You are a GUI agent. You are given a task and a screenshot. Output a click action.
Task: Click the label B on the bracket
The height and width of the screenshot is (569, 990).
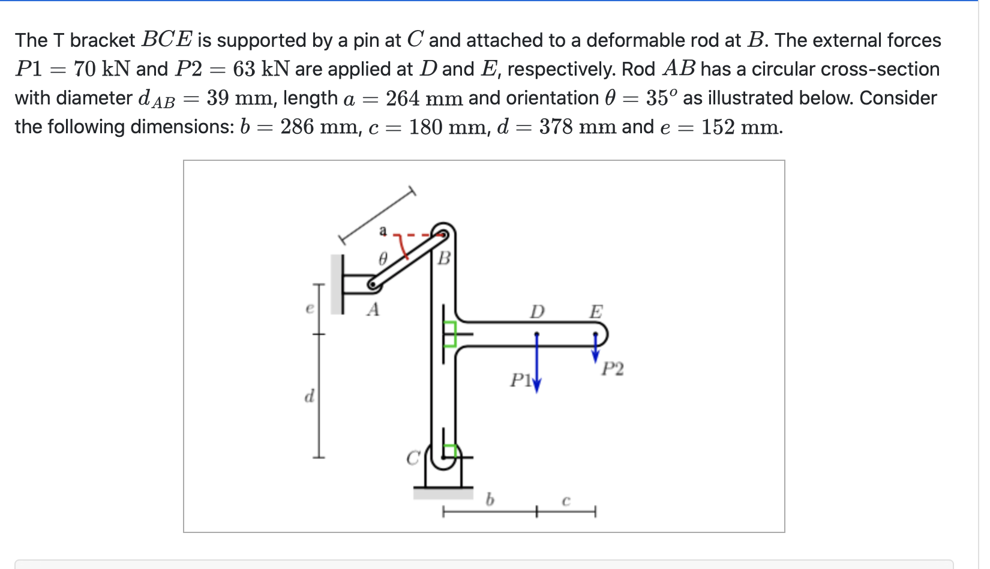point(444,258)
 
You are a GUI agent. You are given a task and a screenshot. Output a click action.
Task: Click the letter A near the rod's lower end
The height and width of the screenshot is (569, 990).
point(373,310)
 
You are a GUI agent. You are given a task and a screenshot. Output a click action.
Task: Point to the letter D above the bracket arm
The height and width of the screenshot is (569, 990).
point(537,312)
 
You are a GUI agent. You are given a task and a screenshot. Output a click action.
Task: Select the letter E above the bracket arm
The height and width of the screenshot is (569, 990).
point(596,312)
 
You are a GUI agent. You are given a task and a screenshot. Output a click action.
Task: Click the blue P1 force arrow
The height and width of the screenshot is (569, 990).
point(537,366)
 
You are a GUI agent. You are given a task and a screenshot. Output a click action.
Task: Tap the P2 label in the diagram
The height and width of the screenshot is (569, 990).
point(613,369)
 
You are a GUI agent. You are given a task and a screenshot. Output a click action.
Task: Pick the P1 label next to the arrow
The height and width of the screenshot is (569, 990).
point(520,381)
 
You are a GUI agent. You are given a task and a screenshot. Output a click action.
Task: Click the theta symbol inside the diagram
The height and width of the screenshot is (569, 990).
point(383,259)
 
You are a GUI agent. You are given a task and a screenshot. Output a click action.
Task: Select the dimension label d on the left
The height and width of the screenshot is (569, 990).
point(309,396)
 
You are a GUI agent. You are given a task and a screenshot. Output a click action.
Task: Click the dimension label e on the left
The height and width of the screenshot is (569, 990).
point(310,309)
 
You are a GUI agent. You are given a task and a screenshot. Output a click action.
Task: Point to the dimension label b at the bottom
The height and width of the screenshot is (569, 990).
point(490,499)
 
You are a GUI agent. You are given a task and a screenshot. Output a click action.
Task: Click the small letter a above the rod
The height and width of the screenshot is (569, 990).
point(383,230)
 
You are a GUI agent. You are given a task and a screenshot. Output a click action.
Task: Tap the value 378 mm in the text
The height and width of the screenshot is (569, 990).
point(577,127)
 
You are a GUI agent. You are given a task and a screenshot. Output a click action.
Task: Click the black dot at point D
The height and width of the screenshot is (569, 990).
point(537,334)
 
